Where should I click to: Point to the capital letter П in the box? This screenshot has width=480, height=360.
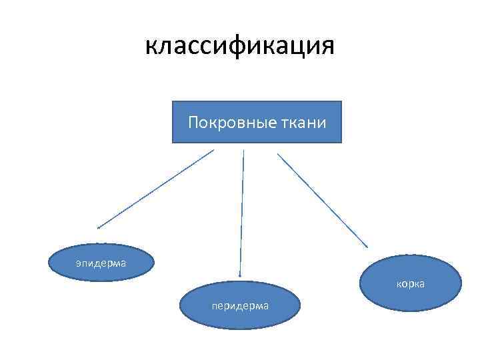[x=193, y=123]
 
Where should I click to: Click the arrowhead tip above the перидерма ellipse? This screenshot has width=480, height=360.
[x=240, y=275]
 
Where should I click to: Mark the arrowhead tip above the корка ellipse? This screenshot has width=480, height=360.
[x=367, y=247]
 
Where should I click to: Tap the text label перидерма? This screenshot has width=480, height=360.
[x=240, y=306]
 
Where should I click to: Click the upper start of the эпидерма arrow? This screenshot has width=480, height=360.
[x=214, y=150]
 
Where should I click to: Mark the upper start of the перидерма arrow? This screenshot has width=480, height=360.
[x=244, y=150]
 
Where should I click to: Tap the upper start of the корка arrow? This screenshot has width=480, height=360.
[x=278, y=154]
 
